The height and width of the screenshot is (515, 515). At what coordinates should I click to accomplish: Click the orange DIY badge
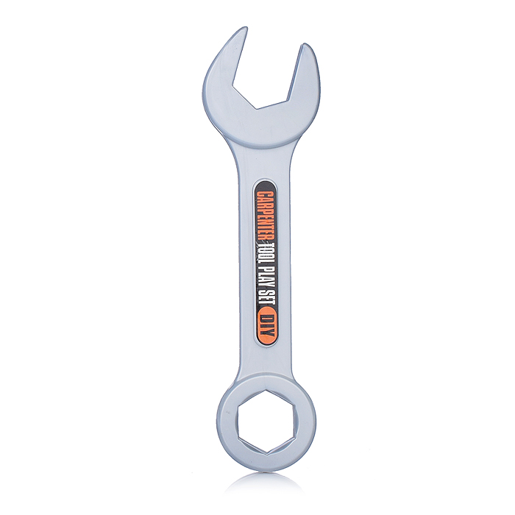(x=266, y=324)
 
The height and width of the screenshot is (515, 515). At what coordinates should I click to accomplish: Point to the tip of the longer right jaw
(x=305, y=45)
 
